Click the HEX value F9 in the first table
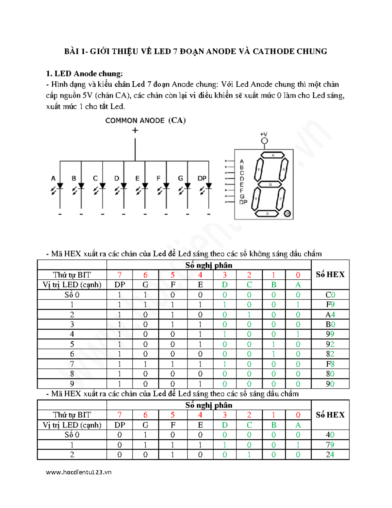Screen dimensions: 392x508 (330, 305)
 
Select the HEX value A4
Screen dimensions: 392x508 (330, 315)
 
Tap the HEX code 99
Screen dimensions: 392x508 (330, 334)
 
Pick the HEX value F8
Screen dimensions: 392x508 (330, 364)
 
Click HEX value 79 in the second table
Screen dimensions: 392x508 (330, 445)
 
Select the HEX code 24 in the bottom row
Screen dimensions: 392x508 (330, 455)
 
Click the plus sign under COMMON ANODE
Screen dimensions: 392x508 (135, 130)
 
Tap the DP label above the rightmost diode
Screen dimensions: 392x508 (202, 178)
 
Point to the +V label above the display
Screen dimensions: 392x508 (264, 134)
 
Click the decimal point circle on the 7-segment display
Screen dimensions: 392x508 (287, 214)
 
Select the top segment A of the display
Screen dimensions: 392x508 (272, 155)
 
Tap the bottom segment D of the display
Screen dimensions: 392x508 (267, 214)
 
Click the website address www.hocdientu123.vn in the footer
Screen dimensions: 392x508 (79, 472)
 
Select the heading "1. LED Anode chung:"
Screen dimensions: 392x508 (84, 74)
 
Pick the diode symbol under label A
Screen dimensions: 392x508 (60, 186)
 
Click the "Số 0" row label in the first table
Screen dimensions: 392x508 (72, 295)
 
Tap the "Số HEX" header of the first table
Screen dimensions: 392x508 (330, 274)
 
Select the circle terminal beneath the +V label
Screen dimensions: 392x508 (264, 141)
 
